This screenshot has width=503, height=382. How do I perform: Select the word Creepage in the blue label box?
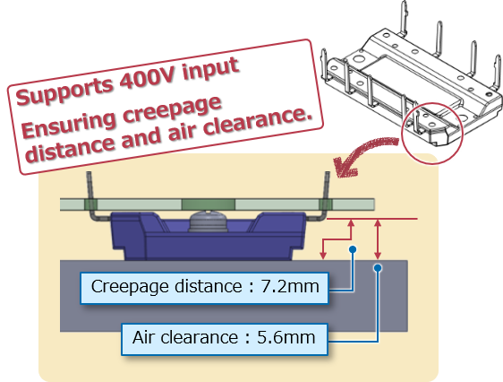click(x=130, y=287)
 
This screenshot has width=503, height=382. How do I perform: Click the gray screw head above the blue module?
click(x=208, y=221)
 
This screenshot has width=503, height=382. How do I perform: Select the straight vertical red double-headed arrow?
click(x=378, y=239)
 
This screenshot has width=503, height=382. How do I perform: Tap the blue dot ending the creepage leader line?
click(x=353, y=249)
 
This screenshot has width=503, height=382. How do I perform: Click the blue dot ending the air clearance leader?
click(x=378, y=267)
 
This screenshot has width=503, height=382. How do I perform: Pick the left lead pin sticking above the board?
click(x=90, y=186)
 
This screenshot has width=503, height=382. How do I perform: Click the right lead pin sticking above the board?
click(x=327, y=186)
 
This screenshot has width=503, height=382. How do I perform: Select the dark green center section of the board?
click(x=209, y=204)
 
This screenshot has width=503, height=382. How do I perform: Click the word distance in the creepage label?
click(x=209, y=286)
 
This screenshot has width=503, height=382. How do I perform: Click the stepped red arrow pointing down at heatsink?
click(x=337, y=239)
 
